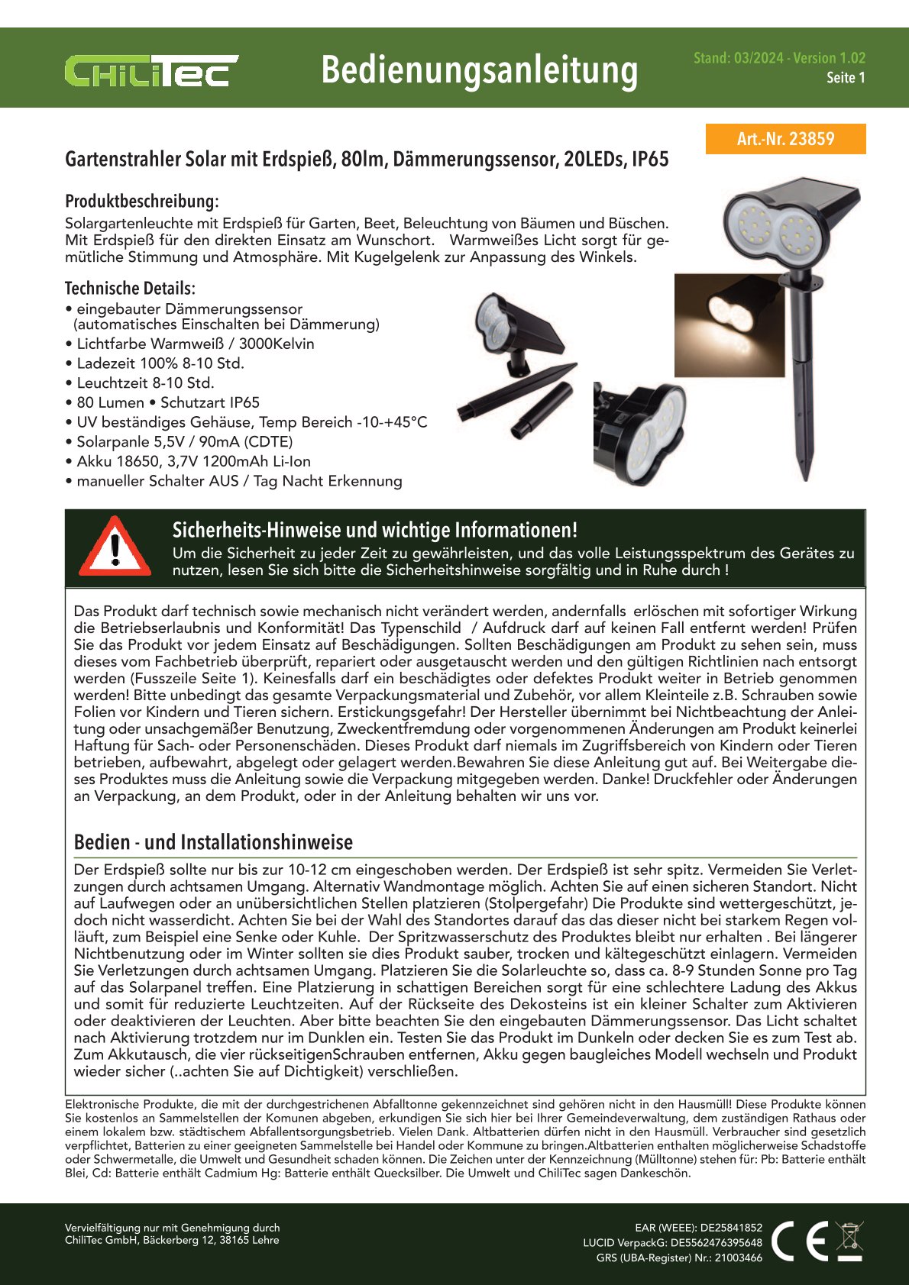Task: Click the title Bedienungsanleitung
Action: pos(479,70)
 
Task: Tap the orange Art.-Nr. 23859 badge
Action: pos(785,139)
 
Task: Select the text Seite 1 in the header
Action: pos(846,78)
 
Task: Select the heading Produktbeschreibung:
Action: pos(142,202)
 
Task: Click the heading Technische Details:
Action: pos(130,289)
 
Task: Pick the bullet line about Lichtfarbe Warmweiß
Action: pos(195,344)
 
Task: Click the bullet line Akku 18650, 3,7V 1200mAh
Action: pos(193,461)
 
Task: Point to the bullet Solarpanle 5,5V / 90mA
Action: pos(184,441)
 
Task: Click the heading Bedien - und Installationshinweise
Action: pos(213,842)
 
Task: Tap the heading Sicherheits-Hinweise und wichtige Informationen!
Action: pos(374,530)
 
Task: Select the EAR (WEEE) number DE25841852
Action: pos(731,1228)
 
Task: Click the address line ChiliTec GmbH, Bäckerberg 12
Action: pos(172,1240)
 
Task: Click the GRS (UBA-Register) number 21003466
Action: pos(738,1258)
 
